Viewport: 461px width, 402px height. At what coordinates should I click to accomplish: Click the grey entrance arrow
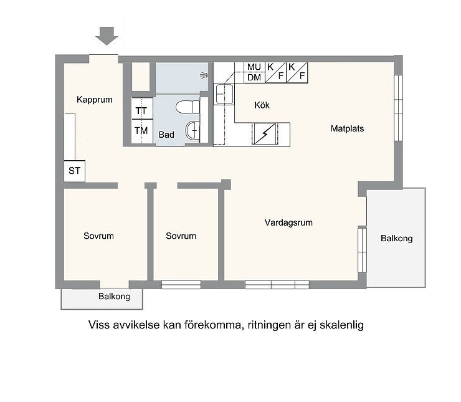tap(107, 36)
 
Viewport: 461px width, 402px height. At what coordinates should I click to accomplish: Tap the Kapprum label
tap(94, 100)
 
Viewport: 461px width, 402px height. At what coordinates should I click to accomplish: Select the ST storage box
tap(74, 171)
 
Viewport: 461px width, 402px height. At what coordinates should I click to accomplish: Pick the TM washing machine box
tap(141, 131)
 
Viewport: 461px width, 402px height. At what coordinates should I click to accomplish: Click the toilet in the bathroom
tap(188, 107)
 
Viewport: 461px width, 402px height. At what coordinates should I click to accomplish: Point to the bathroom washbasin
tap(192, 130)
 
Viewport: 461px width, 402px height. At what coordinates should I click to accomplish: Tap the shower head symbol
tap(204, 75)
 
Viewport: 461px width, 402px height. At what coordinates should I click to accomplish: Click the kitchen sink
tap(224, 94)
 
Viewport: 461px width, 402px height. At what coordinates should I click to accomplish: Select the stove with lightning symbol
tap(265, 134)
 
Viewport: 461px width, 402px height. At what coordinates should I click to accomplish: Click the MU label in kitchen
tap(254, 67)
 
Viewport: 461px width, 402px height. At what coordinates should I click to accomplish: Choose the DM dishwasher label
tap(254, 78)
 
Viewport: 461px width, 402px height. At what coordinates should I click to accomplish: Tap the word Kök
tap(262, 105)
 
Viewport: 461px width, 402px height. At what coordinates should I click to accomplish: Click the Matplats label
tap(347, 128)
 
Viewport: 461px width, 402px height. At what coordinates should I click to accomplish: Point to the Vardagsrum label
tap(288, 223)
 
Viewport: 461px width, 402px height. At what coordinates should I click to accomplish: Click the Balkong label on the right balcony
tap(397, 238)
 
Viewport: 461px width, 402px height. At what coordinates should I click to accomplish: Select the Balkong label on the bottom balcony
tap(114, 297)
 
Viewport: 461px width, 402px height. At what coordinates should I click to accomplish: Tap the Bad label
tap(166, 135)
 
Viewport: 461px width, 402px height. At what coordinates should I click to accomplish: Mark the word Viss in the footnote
tap(100, 325)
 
